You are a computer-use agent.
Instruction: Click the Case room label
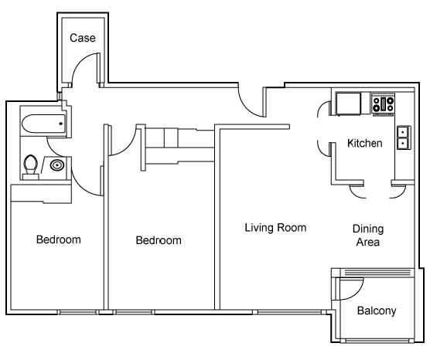pyautogui.click(x=83, y=38)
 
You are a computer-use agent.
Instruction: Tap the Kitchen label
pyautogui.click(x=365, y=143)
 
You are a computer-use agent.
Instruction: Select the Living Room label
pyautogui.click(x=275, y=228)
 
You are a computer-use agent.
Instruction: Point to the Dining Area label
pyautogui.click(x=368, y=236)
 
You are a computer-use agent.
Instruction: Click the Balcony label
pyautogui.click(x=377, y=311)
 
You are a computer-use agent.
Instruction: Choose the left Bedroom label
pyautogui.click(x=59, y=239)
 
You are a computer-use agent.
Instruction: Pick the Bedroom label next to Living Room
pyautogui.click(x=159, y=240)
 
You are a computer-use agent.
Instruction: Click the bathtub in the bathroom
pyautogui.click(x=44, y=124)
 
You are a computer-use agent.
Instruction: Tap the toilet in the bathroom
pyautogui.click(x=31, y=167)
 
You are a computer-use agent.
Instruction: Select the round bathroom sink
pyautogui.click(x=57, y=165)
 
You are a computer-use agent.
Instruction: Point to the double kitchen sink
pyautogui.click(x=404, y=138)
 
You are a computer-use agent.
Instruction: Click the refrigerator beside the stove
pyautogui.click(x=349, y=104)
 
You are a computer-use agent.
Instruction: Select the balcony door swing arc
pyautogui.click(x=356, y=293)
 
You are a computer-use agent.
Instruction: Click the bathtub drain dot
pyautogui.click(x=61, y=124)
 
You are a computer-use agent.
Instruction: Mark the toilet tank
pyautogui.click(x=31, y=176)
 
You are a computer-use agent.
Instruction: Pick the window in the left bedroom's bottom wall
pyautogui.click(x=78, y=312)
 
